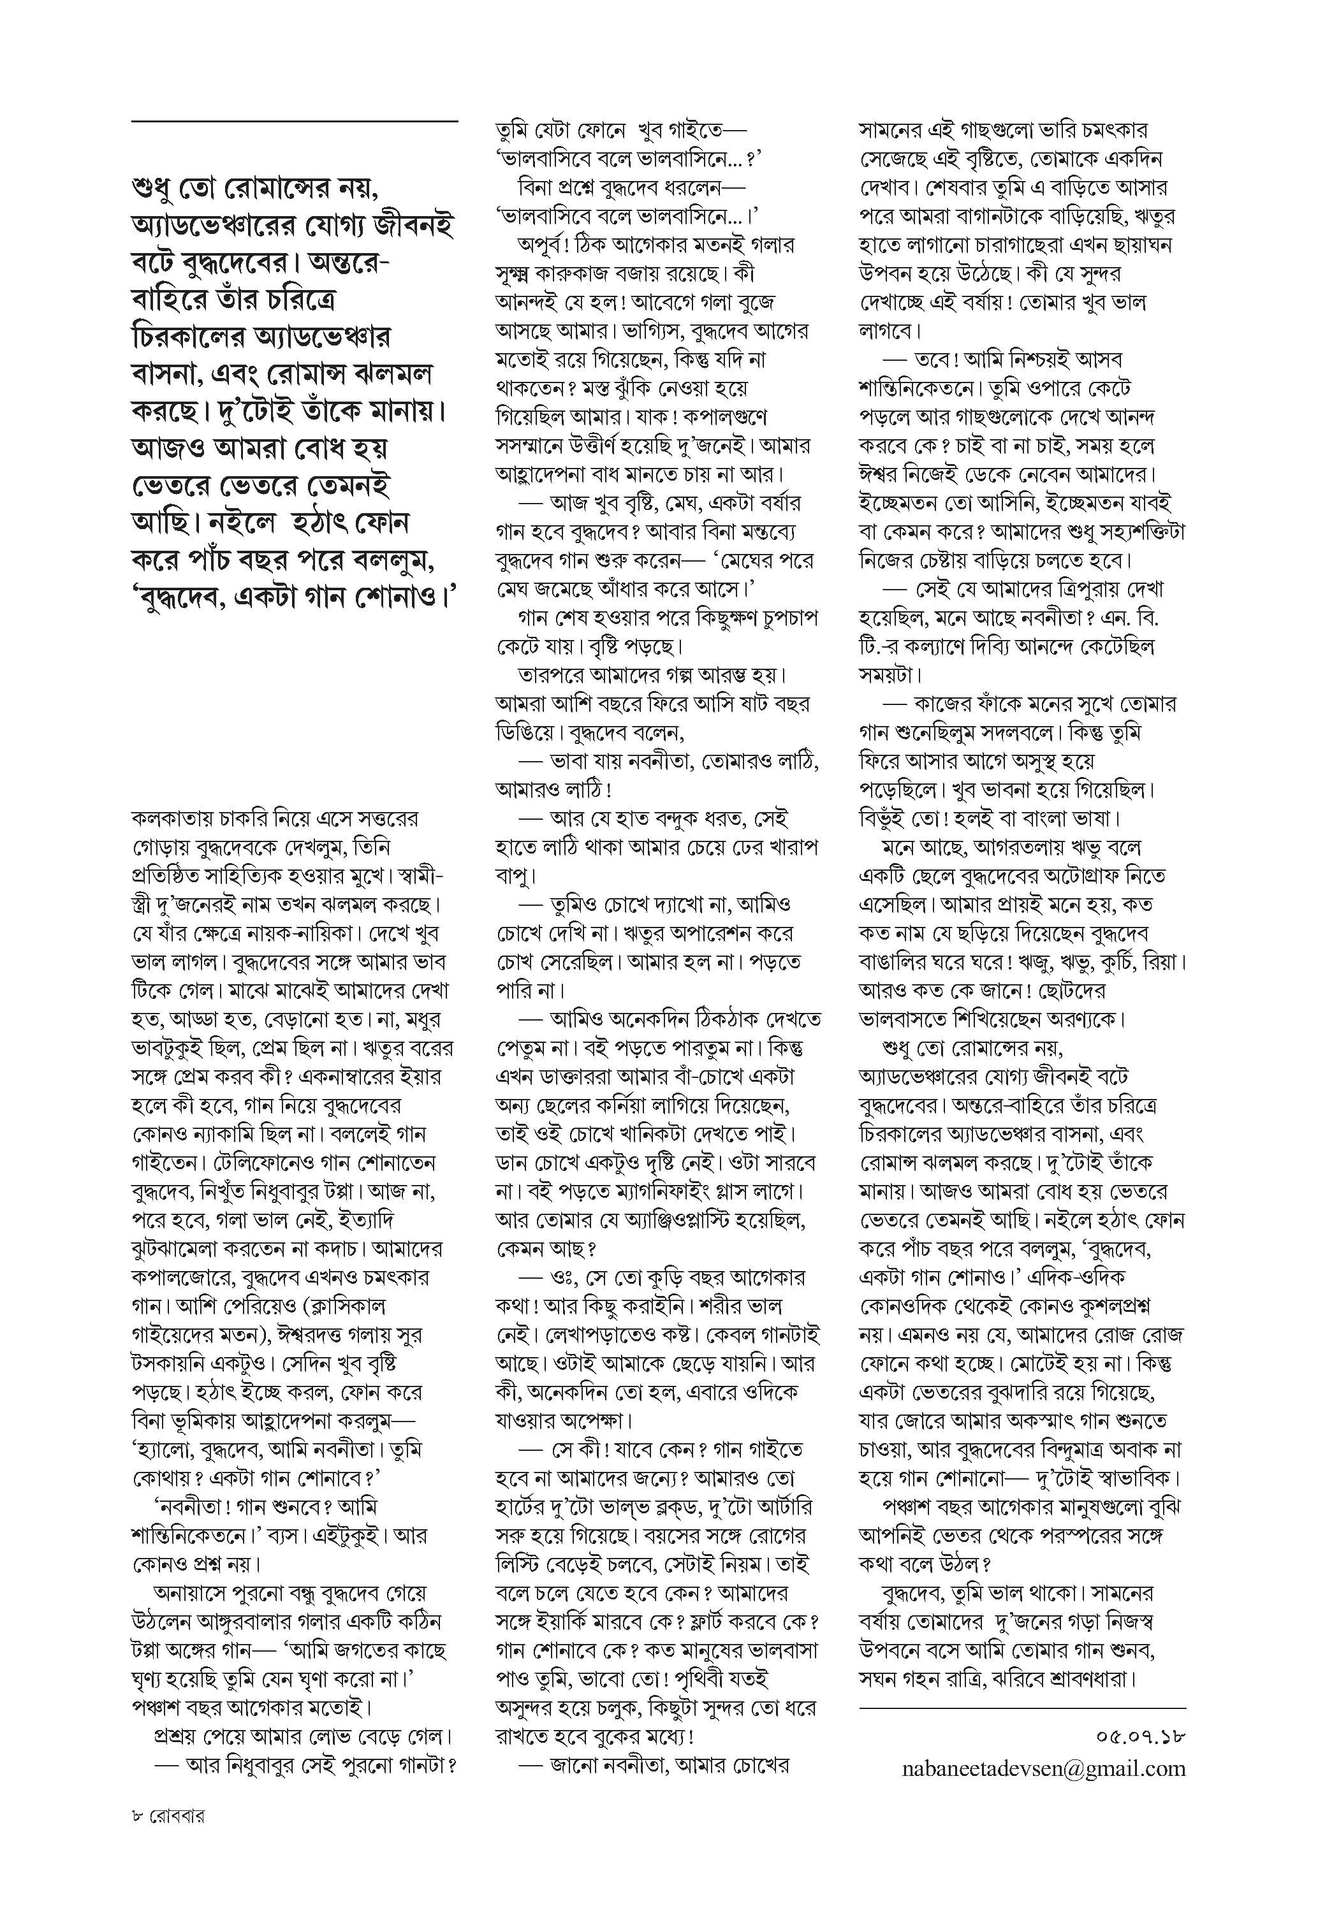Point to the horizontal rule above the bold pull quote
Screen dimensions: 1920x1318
point(294,122)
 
